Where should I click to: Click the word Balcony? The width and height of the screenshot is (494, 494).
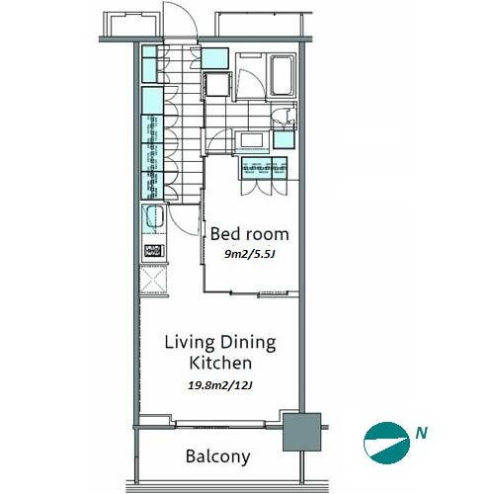218,457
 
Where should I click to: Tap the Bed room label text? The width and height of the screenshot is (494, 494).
250,234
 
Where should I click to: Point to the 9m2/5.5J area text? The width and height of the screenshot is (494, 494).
249,254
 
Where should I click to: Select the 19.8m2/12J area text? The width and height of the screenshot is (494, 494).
220,385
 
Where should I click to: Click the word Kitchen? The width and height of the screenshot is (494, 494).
220,363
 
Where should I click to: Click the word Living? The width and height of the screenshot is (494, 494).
190,343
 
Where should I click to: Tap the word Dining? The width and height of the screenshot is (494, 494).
248,343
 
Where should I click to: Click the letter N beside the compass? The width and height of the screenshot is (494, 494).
421,433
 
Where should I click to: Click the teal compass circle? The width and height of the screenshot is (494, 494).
386,443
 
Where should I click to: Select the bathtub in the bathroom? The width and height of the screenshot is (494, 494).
283,75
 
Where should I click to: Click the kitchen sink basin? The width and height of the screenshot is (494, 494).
154,216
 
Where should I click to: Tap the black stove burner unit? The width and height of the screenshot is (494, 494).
154,251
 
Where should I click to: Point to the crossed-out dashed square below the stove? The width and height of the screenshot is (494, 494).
153,280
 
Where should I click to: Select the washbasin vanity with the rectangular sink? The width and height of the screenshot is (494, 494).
252,141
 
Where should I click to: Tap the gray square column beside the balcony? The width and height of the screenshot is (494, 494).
301,432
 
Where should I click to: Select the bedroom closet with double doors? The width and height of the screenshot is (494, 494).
264,176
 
